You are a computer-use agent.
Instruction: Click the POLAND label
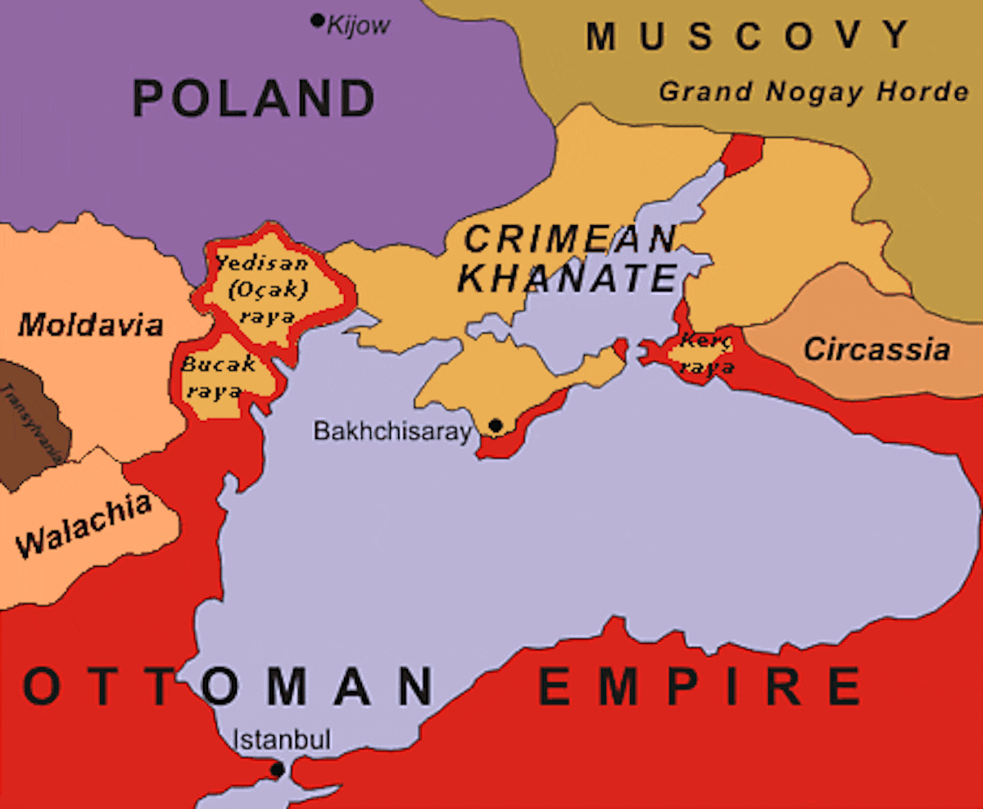254,98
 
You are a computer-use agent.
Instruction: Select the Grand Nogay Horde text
813,92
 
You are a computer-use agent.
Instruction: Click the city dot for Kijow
318,20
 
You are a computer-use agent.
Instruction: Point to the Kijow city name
358,26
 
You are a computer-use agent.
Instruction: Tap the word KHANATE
567,278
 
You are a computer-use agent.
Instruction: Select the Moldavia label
91,325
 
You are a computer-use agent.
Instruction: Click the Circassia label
877,350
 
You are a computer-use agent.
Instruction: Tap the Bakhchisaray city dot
496,425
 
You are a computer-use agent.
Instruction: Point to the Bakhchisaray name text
393,432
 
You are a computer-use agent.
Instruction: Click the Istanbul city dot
278,770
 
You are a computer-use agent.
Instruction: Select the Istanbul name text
283,740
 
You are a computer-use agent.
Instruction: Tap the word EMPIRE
700,686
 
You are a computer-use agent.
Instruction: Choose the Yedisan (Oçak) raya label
262,289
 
